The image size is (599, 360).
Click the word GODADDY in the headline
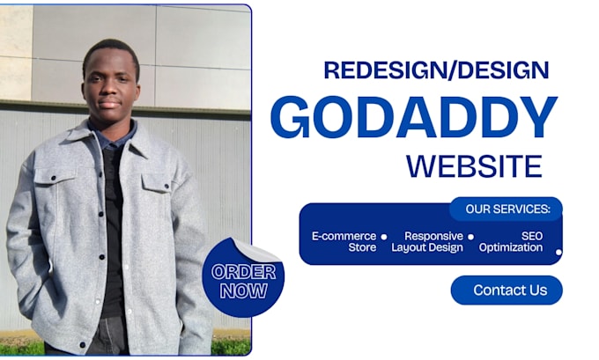tap(414, 117)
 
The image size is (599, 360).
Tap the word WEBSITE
tap(474, 166)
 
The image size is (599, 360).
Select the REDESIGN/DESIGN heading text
tap(436, 70)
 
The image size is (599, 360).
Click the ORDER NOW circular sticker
tap(243, 278)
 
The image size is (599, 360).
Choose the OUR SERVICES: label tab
tap(506, 209)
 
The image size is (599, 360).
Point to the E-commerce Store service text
tap(344, 242)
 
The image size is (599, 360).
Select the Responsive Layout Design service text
tap(427, 242)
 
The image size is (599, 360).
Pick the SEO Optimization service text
tap(511, 242)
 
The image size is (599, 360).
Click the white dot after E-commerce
tap(384, 237)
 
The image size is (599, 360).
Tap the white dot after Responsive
tap(471, 237)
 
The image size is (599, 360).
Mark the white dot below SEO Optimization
tap(558, 253)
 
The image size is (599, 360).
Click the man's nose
tap(109, 92)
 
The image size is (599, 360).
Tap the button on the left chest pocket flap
tap(54, 178)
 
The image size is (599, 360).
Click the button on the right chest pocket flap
tap(166, 187)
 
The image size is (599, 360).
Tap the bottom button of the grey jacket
tap(83, 345)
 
